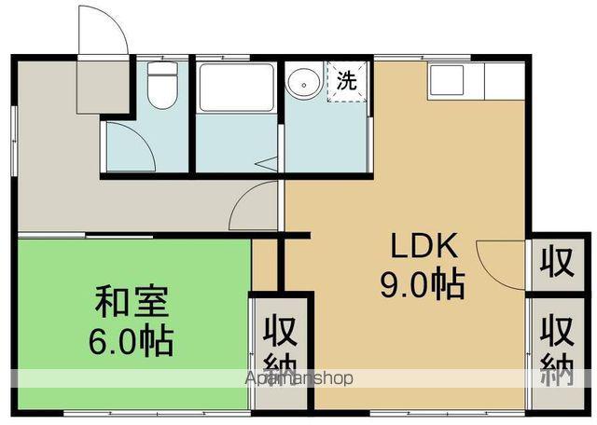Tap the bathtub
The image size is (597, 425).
coord(236,88)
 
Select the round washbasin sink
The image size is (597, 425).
coord(302,84)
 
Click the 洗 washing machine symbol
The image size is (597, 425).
coord(346,80)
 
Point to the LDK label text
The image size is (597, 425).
coord(422,248)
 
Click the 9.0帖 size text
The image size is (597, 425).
coord(422,283)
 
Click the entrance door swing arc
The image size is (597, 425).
coord(104,33)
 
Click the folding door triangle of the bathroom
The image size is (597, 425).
coord(269,163)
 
